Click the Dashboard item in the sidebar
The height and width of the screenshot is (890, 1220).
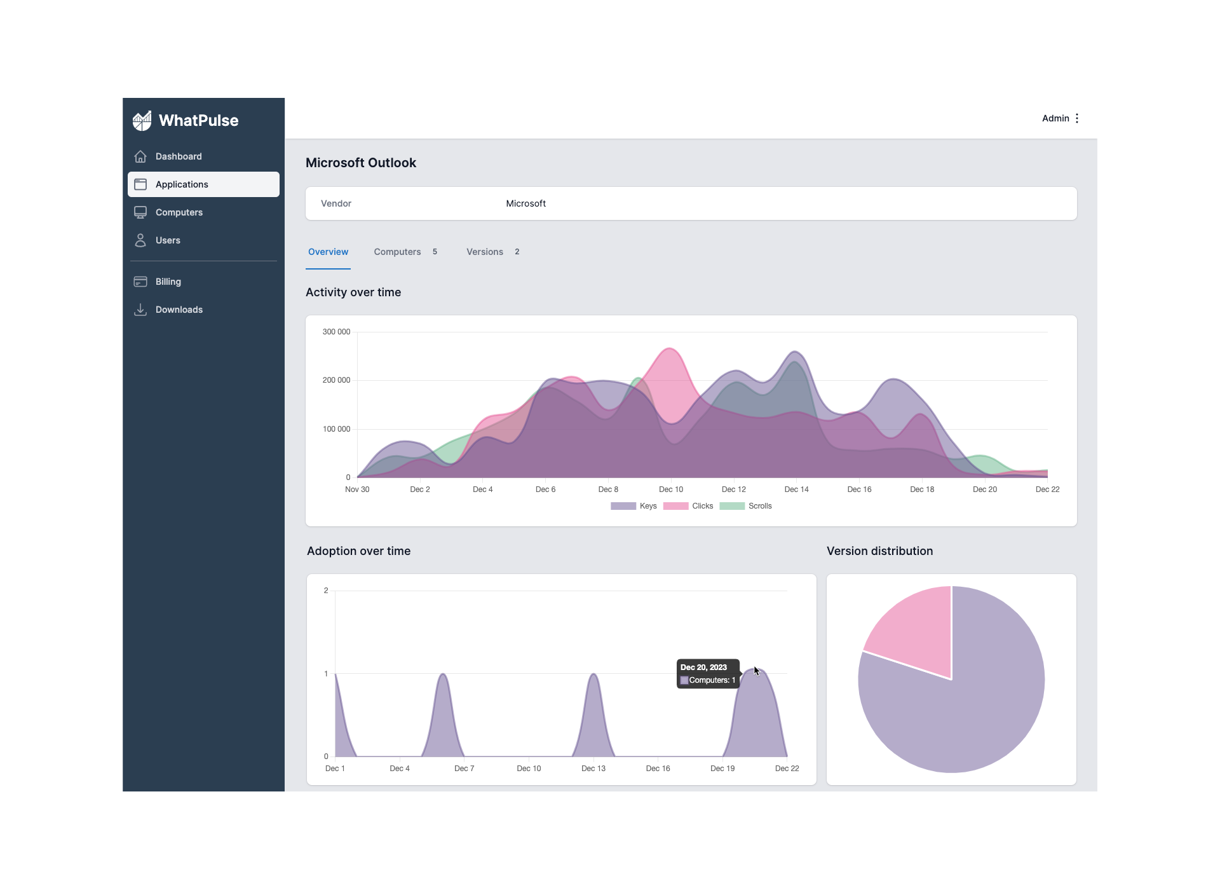coord(178,156)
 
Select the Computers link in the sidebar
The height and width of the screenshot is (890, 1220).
coord(179,212)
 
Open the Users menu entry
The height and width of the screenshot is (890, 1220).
coord(168,240)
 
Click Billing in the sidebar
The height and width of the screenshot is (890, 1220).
coord(168,282)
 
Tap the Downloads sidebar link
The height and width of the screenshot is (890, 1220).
coord(179,310)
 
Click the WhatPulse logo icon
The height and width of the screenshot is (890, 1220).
coord(142,120)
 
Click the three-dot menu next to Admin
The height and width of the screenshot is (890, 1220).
coord(1077,118)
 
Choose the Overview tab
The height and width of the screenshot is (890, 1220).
coord(328,252)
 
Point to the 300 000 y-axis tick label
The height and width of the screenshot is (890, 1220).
coord(336,332)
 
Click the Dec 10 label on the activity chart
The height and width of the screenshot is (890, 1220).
coord(671,489)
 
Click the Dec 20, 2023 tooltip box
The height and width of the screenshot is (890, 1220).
coord(708,674)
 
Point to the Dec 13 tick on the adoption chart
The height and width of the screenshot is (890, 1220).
coord(593,769)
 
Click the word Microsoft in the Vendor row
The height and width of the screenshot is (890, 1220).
coord(525,203)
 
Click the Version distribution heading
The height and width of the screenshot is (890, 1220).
coord(879,551)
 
